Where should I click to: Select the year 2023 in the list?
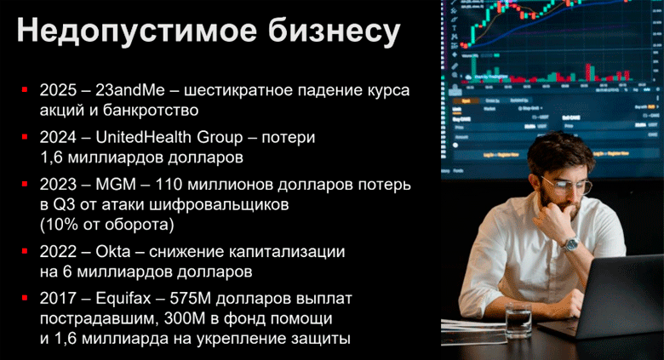58,185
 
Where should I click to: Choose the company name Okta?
110,253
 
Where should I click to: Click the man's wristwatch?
568,243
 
